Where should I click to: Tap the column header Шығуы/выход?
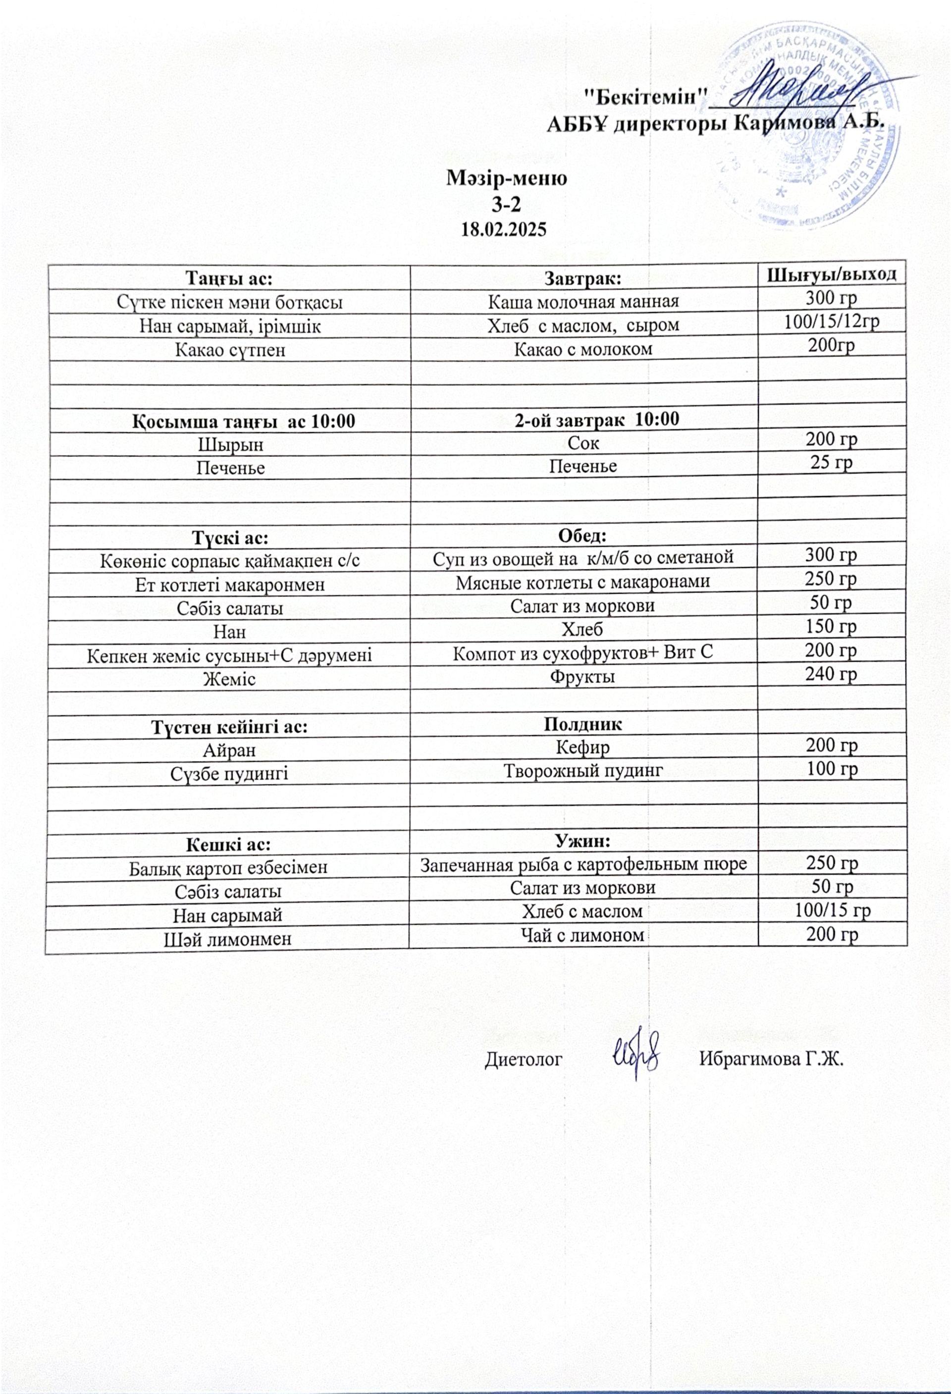click(832, 275)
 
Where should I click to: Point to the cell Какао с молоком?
click(583, 349)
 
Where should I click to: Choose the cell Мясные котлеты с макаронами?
click(583, 581)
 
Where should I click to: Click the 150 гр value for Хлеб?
click(831, 626)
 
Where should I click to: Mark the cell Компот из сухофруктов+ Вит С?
click(583, 652)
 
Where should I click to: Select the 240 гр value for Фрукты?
click(831, 674)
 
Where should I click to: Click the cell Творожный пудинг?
click(583, 770)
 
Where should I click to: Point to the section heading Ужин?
click(583, 841)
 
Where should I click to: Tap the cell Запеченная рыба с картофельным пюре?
click(583, 864)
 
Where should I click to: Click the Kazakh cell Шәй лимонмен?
click(228, 938)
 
